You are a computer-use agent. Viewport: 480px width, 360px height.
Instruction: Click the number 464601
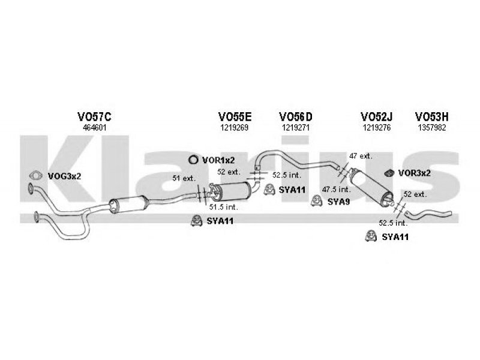[95, 128]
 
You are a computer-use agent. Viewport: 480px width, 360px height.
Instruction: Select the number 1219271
[296, 128]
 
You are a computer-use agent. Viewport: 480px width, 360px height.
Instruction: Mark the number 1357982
[431, 128]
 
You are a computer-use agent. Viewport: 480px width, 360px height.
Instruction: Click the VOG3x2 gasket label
[64, 176]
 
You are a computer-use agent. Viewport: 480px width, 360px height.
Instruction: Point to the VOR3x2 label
[414, 173]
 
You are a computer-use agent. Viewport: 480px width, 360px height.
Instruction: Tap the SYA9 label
[338, 202]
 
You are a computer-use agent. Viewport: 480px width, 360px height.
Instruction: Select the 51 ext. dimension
[184, 178]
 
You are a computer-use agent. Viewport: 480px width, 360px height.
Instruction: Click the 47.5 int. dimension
[335, 189]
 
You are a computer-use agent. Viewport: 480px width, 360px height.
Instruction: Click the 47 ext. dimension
[361, 156]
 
